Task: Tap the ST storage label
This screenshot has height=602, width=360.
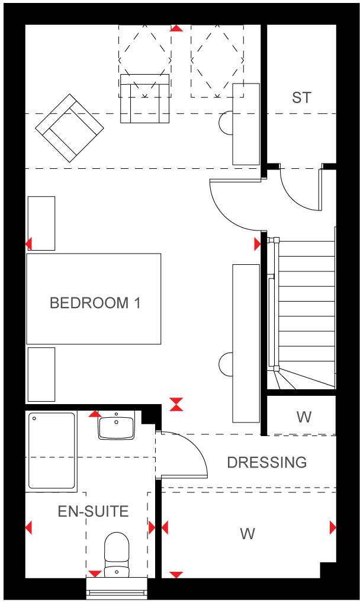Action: tap(301, 98)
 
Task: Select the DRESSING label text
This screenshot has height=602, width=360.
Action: tap(267, 462)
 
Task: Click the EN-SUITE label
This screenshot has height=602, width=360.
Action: tap(93, 511)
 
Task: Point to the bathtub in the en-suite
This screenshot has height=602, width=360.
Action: tap(52, 450)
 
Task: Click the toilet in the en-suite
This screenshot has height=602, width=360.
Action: tap(117, 554)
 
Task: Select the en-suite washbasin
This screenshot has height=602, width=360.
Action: tap(116, 427)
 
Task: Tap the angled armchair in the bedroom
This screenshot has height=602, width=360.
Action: tap(69, 128)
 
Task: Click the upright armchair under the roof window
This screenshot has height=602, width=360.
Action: tap(142, 98)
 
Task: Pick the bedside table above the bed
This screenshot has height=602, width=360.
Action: tap(41, 223)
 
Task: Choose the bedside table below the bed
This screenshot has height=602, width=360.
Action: tap(41, 374)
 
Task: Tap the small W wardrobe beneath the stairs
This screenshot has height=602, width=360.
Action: tap(303, 417)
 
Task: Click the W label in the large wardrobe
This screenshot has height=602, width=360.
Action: tap(247, 534)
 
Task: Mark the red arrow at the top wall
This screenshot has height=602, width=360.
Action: tap(176, 28)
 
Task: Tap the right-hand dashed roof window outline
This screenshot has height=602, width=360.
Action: tap(217, 61)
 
